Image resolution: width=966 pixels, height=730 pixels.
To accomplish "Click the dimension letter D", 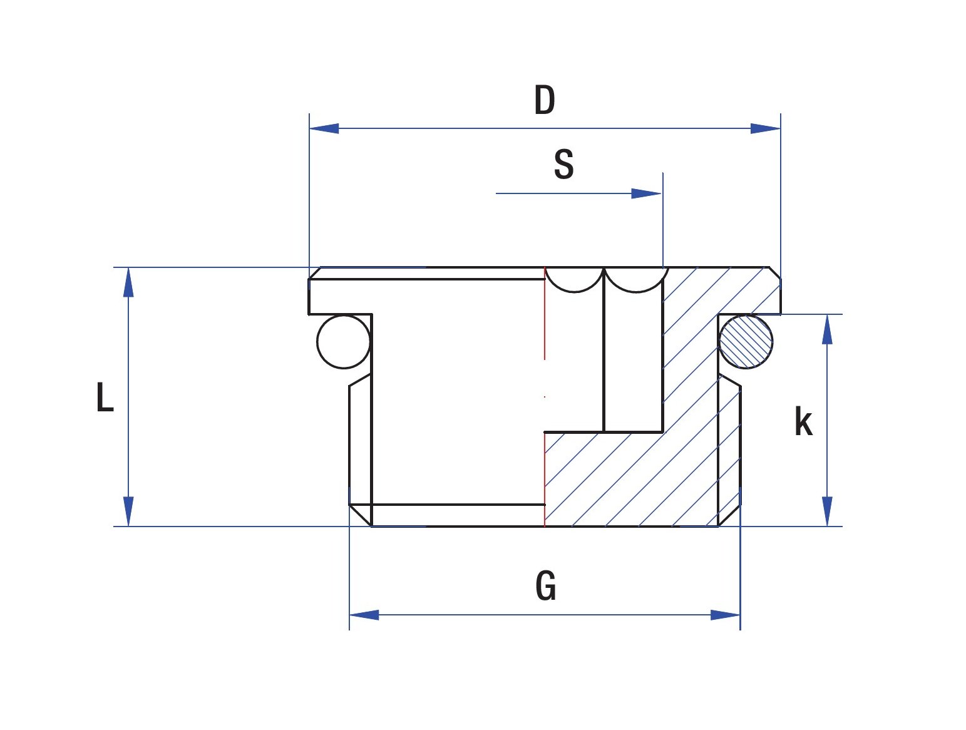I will tap(544, 100).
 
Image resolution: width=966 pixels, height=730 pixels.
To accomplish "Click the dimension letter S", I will tap(563, 165).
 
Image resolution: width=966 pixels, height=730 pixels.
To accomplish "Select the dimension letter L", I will tap(105, 397).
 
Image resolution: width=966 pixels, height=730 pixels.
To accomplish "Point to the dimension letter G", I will tap(545, 586).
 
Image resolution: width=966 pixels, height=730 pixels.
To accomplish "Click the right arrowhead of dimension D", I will tap(766, 128).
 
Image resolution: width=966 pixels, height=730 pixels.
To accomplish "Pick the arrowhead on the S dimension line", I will tap(647, 193).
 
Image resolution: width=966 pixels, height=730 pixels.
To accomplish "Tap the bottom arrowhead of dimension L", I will tap(128, 512).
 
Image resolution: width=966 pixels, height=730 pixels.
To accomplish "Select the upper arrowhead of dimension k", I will tap(827, 329).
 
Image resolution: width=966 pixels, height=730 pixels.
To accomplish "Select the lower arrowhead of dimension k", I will tap(827, 512).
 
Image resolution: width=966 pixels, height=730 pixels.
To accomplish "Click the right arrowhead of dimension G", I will tap(725, 615).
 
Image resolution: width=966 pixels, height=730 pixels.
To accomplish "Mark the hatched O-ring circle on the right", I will tap(745, 341).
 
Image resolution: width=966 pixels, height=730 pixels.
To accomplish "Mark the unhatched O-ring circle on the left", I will tap(344, 342).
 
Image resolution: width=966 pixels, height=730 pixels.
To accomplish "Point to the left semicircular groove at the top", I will tap(574, 280).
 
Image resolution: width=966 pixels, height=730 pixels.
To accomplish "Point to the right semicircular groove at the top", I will tap(635, 280).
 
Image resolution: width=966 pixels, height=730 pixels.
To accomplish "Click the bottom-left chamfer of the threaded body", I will tap(360, 515).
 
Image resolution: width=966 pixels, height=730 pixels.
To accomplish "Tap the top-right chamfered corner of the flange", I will tap(775, 273).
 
